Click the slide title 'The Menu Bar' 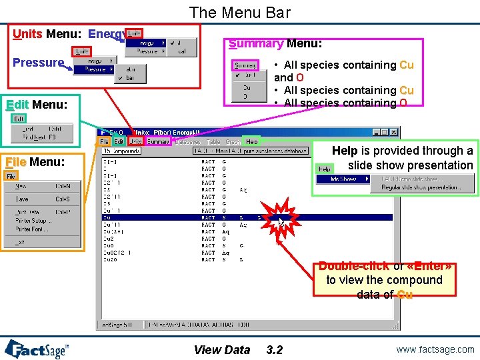[239, 12]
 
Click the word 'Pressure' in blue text [38, 63]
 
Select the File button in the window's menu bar [105, 141]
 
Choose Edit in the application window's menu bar [119, 141]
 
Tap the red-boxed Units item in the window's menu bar [135, 141]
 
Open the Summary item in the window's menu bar [159, 141]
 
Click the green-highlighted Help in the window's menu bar [251, 141]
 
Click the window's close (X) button [394, 131]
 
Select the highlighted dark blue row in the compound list [247, 217]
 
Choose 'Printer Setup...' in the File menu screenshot [31, 220]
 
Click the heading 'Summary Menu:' [275, 44]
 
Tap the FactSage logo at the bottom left [37, 349]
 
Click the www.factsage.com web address [434, 349]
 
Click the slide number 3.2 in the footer [274, 349]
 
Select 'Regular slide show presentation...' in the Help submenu [420, 187]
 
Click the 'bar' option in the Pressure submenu [130, 77]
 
